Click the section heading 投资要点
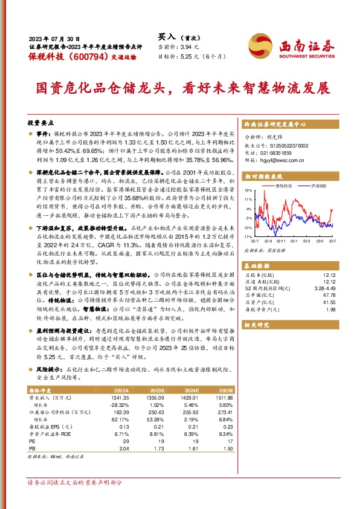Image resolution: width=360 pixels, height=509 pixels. point(40,122)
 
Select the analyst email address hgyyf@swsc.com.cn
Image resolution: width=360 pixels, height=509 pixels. point(286,163)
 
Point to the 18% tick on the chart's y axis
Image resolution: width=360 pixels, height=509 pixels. point(248,190)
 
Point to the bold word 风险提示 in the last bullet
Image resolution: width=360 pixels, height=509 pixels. point(50,368)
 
